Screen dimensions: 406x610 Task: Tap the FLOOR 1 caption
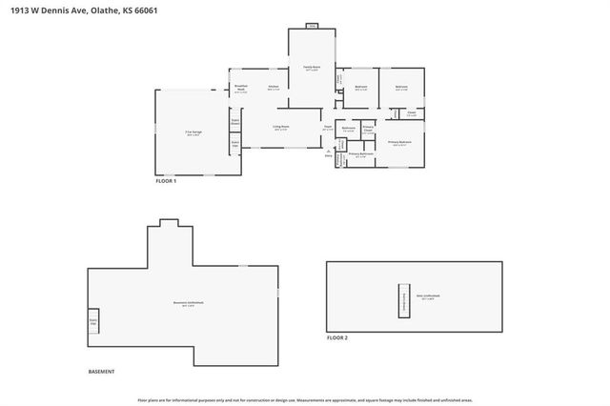167,180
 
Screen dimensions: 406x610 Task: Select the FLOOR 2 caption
337,337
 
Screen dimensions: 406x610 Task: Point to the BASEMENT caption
101,371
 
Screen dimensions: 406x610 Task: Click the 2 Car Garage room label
193,134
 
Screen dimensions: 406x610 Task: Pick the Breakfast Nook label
241,89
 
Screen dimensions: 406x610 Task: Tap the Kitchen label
273,89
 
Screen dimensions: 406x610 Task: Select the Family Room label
312,68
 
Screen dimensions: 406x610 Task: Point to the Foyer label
327,128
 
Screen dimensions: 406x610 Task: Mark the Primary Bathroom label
360,153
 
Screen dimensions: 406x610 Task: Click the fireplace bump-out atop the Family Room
312,26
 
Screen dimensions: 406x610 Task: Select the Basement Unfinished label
184,305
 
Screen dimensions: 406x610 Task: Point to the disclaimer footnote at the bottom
305,400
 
